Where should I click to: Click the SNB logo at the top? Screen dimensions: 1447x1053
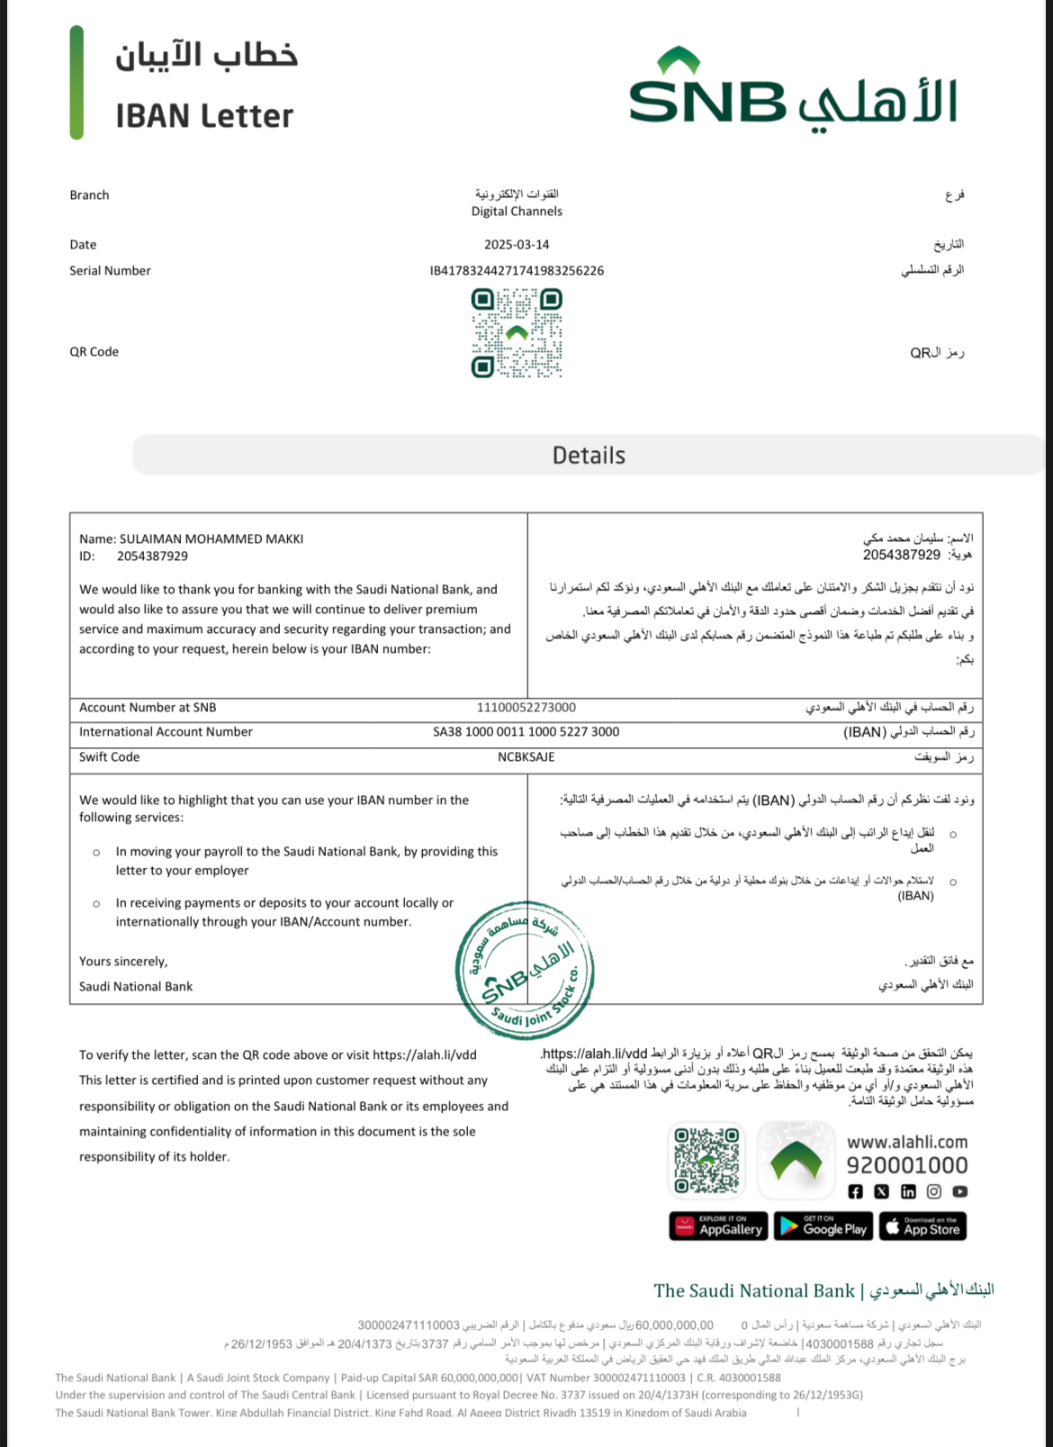tap(792, 90)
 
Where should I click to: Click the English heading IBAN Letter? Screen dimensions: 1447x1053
tap(204, 116)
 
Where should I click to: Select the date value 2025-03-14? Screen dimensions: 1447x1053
tap(517, 245)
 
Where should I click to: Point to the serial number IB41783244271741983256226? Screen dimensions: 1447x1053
tap(517, 271)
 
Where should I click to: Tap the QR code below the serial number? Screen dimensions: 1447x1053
tap(517, 332)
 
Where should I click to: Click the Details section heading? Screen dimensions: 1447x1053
tap(589, 456)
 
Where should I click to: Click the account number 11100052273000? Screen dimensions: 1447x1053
tap(526, 708)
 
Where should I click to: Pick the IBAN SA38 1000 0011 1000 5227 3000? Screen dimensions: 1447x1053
tap(526, 732)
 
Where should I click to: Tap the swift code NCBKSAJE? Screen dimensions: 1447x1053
tap(526, 757)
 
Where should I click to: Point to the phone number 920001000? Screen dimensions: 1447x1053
tap(907, 1166)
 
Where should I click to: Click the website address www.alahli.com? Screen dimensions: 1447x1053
tap(907, 1142)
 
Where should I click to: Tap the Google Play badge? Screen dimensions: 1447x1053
tap(823, 1226)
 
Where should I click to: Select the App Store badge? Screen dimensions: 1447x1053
tap(922, 1226)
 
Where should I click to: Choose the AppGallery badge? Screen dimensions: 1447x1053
tap(718, 1226)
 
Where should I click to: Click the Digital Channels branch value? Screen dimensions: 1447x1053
tap(517, 212)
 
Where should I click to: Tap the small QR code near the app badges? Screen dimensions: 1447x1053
tap(707, 1161)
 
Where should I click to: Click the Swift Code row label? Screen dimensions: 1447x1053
tap(110, 757)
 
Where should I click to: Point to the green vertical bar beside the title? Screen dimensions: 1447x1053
tap(76, 83)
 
